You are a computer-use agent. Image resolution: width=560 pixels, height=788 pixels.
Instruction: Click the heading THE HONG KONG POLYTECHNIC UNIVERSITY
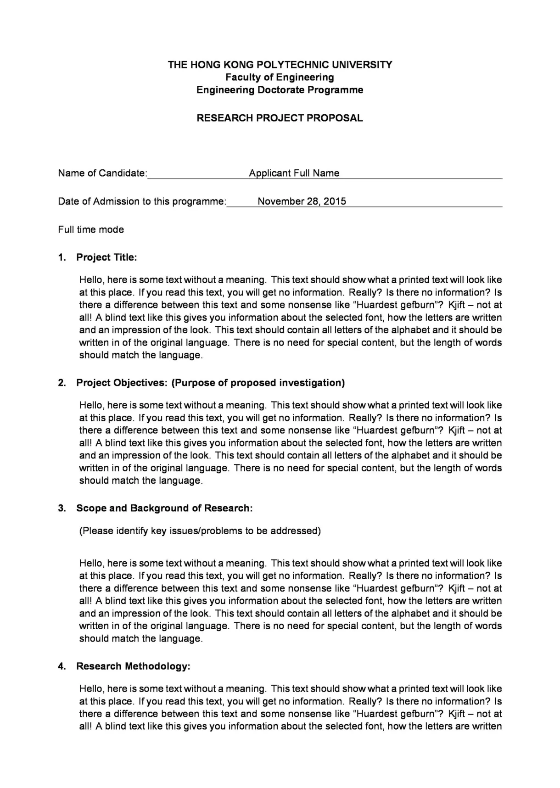[x=280, y=64]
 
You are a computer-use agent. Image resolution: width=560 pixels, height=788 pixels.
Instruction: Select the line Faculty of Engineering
[x=280, y=77]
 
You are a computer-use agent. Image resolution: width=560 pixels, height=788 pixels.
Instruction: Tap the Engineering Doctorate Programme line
[x=280, y=90]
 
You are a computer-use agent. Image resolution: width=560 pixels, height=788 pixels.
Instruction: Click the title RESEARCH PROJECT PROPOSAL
[x=280, y=118]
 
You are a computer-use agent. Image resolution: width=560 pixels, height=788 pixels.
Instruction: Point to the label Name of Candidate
[x=102, y=173]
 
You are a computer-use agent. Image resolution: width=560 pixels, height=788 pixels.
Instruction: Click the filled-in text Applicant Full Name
[x=294, y=173]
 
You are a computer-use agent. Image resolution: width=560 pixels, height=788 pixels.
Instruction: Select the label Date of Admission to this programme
[x=142, y=201]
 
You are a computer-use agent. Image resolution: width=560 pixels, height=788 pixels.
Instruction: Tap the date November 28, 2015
[x=302, y=201]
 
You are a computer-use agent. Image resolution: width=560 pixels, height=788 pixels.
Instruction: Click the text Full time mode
[x=91, y=229]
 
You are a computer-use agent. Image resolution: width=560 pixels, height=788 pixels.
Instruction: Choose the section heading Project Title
[x=106, y=257]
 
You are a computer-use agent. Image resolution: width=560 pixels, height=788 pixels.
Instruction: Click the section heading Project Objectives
[x=122, y=383]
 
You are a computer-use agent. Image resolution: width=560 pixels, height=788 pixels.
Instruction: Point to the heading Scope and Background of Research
[x=164, y=508]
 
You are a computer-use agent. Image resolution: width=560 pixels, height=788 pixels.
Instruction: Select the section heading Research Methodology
[x=133, y=666]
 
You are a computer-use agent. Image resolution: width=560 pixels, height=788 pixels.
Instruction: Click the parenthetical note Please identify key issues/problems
[x=200, y=531]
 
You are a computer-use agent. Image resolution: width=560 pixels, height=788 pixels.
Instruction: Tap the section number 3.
[x=62, y=508]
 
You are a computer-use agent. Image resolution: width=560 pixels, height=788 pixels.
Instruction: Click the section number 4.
[x=62, y=666]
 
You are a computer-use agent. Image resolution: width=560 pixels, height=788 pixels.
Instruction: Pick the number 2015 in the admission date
[x=335, y=201]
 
